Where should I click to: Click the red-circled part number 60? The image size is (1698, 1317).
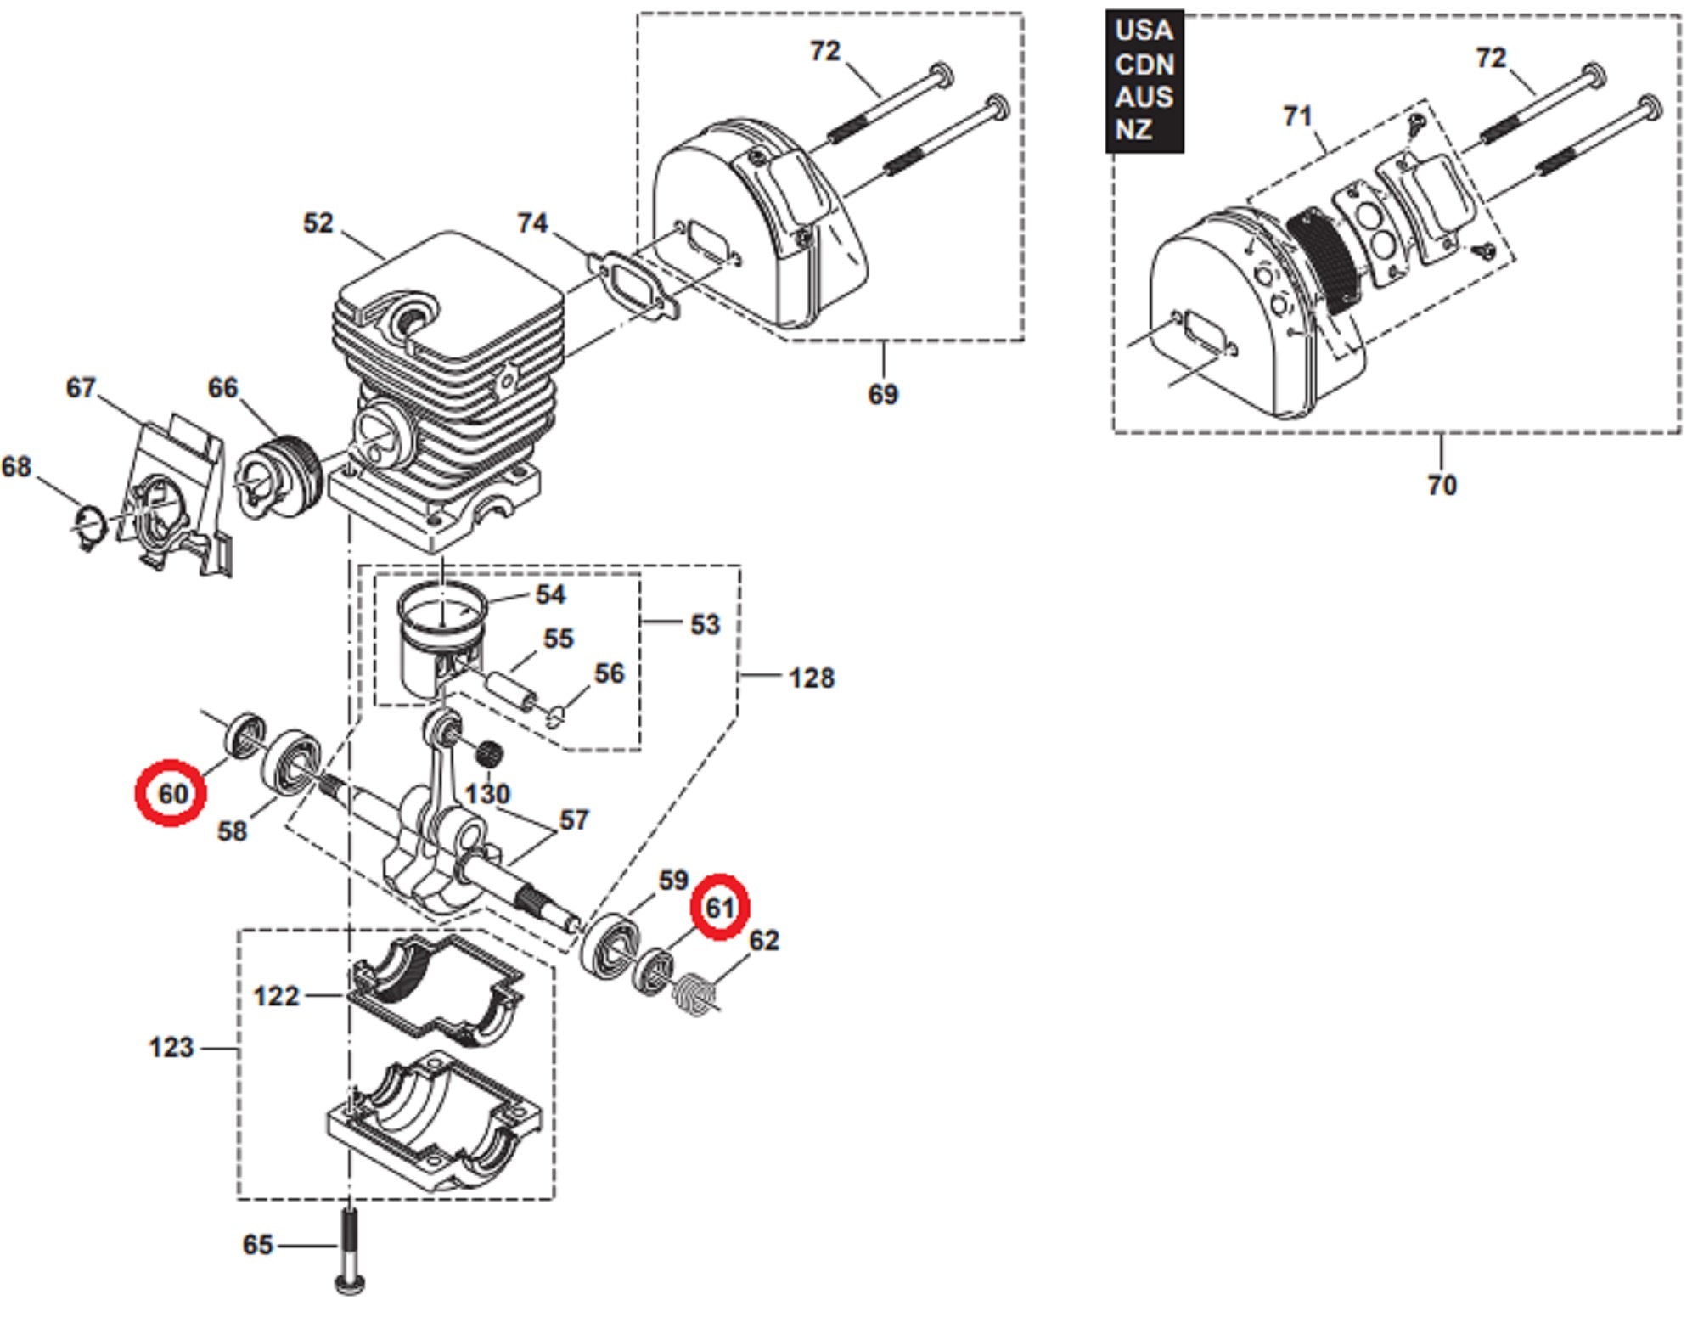point(171,793)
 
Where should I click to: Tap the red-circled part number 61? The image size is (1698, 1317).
point(719,907)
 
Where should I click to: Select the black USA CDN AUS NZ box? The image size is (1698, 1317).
point(1144,81)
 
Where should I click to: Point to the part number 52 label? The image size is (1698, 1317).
point(318,223)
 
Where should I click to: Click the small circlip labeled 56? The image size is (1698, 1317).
point(555,718)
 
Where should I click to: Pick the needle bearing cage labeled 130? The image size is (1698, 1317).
point(487,751)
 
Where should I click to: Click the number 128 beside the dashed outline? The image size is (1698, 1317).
point(811,678)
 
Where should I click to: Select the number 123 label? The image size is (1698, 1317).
point(171,1047)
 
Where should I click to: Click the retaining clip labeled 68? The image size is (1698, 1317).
point(88,526)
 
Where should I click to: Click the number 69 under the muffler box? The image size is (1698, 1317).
point(882,394)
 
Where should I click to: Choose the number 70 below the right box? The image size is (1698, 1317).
point(1441,485)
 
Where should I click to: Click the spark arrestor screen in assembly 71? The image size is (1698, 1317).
point(1324,259)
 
